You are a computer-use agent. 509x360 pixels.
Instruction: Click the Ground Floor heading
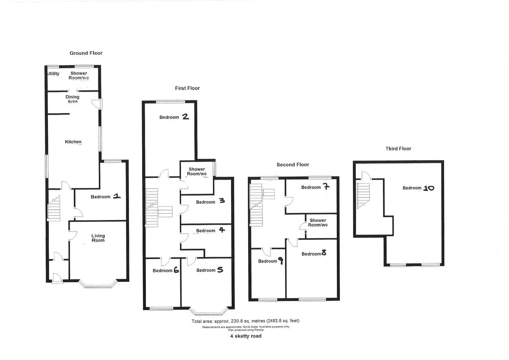pyautogui.click(x=86, y=53)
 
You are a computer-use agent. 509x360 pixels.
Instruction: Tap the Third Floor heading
pyautogui.click(x=398, y=149)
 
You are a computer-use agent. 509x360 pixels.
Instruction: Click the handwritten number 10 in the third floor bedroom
pyautogui.click(x=428, y=188)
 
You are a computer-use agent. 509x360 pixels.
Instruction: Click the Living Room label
pyautogui.click(x=98, y=238)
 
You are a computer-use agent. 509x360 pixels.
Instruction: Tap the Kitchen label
pyautogui.click(x=73, y=142)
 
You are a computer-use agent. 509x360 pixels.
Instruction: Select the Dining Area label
pyautogui.click(x=72, y=99)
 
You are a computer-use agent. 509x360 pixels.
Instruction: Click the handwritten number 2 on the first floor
pyautogui.click(x=185, y=117)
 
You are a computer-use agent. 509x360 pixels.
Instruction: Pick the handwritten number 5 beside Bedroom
pyautogui.click(x=220, y=270)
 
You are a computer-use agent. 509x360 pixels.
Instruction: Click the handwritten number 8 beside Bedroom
pyautogui.click(x=324, y=253)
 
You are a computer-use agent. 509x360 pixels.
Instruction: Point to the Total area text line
pyautogui.click(x=248, y=321)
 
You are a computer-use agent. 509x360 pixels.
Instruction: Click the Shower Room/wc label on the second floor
pyautogui.click(x=318, y=222)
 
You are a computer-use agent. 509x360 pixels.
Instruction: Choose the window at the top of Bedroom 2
pyautogui.click(x=170, y=101)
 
